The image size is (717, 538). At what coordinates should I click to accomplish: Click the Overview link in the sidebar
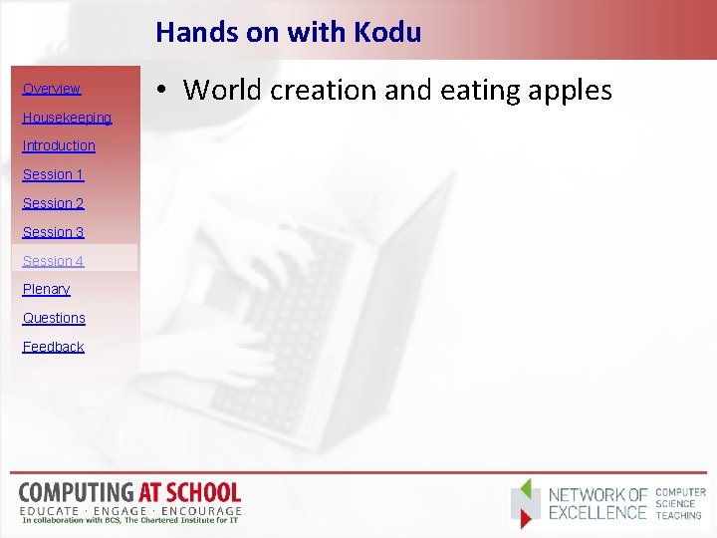[x=52, y=89]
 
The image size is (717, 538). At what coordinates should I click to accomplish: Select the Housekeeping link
[x=67, y=118]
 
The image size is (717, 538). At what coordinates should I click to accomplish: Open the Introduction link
[x=59, y=145]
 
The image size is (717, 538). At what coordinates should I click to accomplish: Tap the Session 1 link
[x=53, y=174]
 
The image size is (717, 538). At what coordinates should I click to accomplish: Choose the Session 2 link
[x=53, y=203]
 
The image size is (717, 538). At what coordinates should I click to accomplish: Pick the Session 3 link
[x=53, y=232]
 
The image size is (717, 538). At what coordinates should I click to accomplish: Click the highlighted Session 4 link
[x=53, y=261]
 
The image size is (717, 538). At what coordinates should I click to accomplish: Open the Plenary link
[x=46, y=289]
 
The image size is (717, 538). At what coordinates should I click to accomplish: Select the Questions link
[x=54, y=318]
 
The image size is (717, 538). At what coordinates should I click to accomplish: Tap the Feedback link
[x=53, y=347]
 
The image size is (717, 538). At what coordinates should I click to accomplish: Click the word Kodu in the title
[x=388, y=32]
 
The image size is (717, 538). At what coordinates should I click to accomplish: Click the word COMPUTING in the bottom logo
[x=75, y=492]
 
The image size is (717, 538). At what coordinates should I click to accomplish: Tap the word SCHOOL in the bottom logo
[x=204, y=492]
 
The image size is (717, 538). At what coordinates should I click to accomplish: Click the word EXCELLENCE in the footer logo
[x=597, y=513]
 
